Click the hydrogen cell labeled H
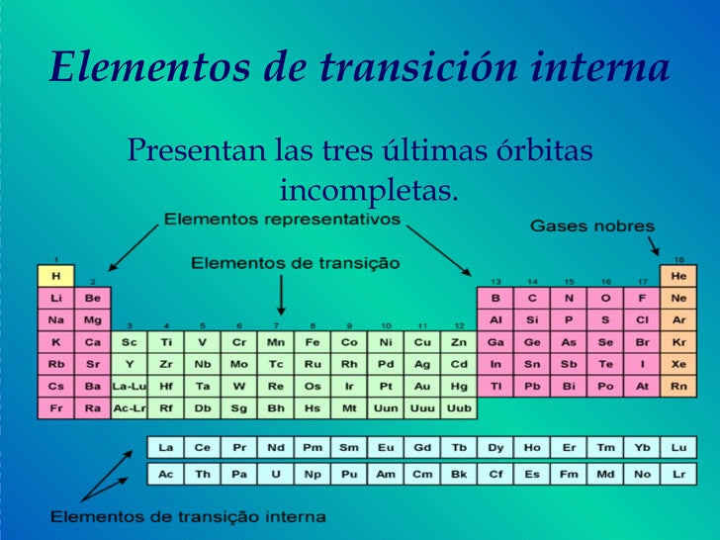tap(55, 275)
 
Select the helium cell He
tap(678, 275)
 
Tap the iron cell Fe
tap(313, 342)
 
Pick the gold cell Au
tap(422, 386)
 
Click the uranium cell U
tap(276, 475)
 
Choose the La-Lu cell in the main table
tap(129, 386)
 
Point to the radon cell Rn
tap(678, 386)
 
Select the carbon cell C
tap(532, 298)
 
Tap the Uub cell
tap(459, 407)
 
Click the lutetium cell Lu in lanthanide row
tap(678, 448)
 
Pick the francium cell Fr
tap(55, 407)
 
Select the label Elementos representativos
tap(282, 219)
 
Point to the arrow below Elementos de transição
tap(281, 296)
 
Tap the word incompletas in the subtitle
tap(368, 187)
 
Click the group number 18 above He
tap(678, 259)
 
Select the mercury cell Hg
tap(459, 386)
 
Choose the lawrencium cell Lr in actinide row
tap(678, 475)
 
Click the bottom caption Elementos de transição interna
tap(188, 516)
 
